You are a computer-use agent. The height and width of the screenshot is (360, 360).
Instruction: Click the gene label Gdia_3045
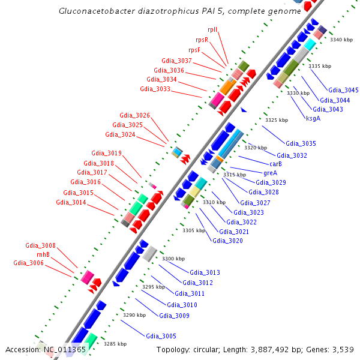pyautogui.click(x=343, y=90)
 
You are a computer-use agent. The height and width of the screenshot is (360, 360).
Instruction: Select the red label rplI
pyautogui.click(x=212, y=29)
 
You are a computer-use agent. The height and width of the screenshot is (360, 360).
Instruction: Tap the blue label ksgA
pyautogui.click(x=313, y=118)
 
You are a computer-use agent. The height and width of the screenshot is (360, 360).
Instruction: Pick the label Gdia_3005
pyautogui.click(x=161, y=336)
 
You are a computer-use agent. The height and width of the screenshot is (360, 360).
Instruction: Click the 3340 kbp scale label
pyautogui.click(x=341, y=40)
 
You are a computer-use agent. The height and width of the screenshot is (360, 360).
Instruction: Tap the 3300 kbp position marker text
pyautogui.click(x=173, y=259)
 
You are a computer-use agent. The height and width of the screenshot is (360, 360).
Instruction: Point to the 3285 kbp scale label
pyautogui.click(x=115, y=344)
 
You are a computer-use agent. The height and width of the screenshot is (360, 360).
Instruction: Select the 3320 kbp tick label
pyautogui.click(x=255, y=148)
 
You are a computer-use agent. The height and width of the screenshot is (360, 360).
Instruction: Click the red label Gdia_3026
pyautogui.click(x=135, y=115)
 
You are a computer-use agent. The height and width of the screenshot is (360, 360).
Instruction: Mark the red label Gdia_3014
pyautogui.click(x=71, y=202)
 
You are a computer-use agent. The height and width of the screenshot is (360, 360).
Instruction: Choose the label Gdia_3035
pyautogui.click(x=301, y=144)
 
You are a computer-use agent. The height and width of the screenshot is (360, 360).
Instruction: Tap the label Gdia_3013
pyautogui.click(x=205, y=272)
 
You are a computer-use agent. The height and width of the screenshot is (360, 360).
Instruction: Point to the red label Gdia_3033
pyautogui.click(x=155, y=89)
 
